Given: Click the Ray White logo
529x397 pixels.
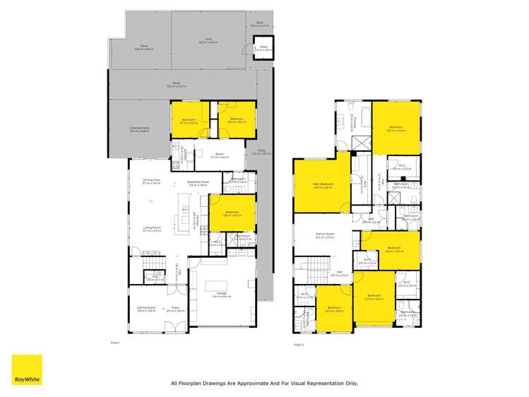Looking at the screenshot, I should pyautogui.click(x=27, y=369).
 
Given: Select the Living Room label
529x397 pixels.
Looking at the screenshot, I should pyautogui.click(x=152, y=229).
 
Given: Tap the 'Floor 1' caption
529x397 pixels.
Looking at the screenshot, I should pyautogui.click(x=116, y=342).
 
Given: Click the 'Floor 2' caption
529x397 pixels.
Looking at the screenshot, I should pyautogui.click(x=298, y=344).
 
